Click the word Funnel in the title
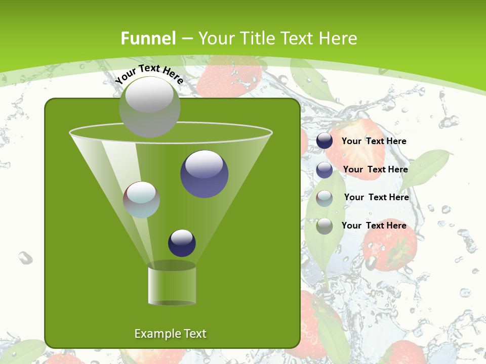[148, 38]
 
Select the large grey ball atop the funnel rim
[149, 107]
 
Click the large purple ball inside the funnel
[204, 173]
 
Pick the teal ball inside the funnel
[141, 200]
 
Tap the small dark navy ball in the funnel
[182, 243]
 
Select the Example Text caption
[171, 334]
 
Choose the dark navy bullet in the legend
[325, 141]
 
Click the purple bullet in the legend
[325, 170]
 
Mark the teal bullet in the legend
[325, 198]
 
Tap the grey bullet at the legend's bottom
[325, 226]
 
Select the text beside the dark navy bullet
[374, 141]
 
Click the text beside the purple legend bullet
[375, 169]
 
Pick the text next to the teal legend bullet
[376, 197]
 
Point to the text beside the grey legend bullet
[374, 225]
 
